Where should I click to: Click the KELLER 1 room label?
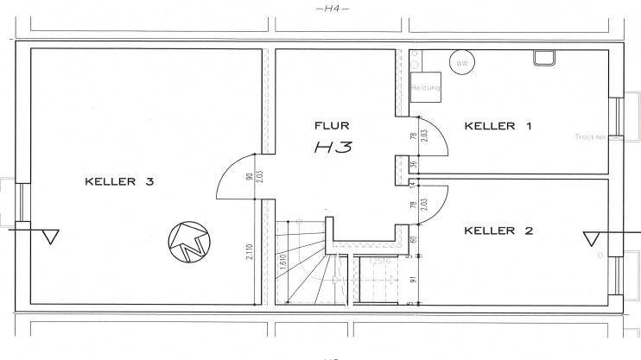pos(498,126)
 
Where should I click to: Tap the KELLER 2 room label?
pos(498,231)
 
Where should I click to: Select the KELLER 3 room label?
pos(119,181)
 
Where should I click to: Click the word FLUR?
pos(332,126)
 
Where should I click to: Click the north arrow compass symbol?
pos(189,242)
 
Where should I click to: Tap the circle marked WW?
pos(462,63)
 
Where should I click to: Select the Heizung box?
pos(426,89)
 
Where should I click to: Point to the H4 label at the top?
pos(331,9)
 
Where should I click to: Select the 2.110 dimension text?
pos(249,251)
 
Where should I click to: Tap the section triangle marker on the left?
pos(50,236)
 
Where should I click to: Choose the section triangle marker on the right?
pos(593,237)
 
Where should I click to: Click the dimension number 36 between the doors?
pos(412,165)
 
